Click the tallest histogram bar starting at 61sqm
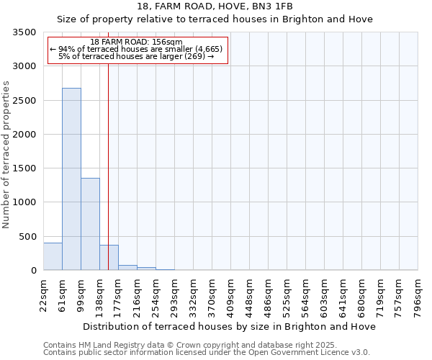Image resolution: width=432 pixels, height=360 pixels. tap(71, 180)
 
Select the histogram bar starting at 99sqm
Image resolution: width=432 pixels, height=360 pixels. tap(90, 224)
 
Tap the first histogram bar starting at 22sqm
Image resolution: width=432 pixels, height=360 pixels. tap(53, 256)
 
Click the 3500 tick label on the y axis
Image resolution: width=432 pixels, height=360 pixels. tap(24, 33)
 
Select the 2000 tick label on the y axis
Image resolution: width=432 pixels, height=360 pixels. tap(24, 135)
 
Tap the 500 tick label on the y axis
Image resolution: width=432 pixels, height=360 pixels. tap(27, 237)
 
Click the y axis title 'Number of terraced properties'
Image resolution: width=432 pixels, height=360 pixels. tap(6, 155)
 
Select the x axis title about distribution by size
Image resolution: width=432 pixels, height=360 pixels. tap(229, 326)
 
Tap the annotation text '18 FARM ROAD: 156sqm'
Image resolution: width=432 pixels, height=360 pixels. tap(137, 42)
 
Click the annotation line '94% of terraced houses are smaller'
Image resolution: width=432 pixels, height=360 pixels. tap(137, 49)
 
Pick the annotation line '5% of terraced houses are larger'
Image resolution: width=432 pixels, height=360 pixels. tap(137, 56)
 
